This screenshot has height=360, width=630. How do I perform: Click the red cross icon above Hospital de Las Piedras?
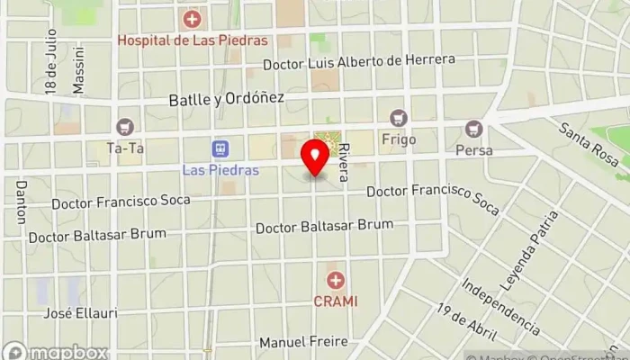(191, 19)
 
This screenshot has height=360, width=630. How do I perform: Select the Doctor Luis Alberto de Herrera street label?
(359, 63)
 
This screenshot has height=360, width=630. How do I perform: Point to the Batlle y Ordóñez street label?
(227, 99)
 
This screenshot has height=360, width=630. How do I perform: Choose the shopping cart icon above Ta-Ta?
(124, 126)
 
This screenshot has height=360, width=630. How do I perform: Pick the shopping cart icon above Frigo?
(398, 118)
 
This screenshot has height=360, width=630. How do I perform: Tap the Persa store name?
(473, 150)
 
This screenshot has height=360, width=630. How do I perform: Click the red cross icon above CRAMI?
(336, 280)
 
